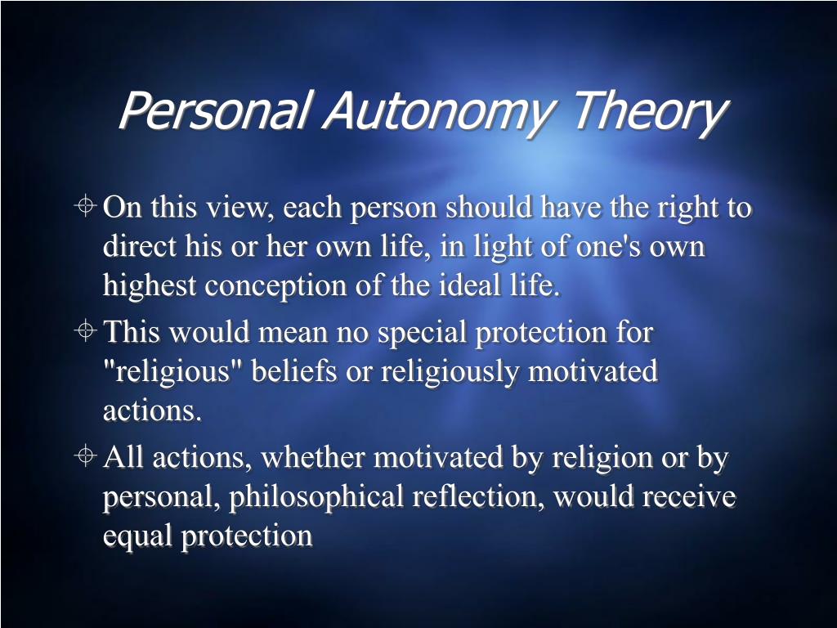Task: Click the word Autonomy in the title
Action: coord(437,111)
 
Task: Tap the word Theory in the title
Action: coord(647,111)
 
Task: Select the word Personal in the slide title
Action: coord(214,111)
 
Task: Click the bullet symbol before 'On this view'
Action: coord(87,208)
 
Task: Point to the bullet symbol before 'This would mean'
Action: coord(87,332)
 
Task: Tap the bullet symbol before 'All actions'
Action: coord(87,457)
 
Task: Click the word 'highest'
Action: coord(150,287)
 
